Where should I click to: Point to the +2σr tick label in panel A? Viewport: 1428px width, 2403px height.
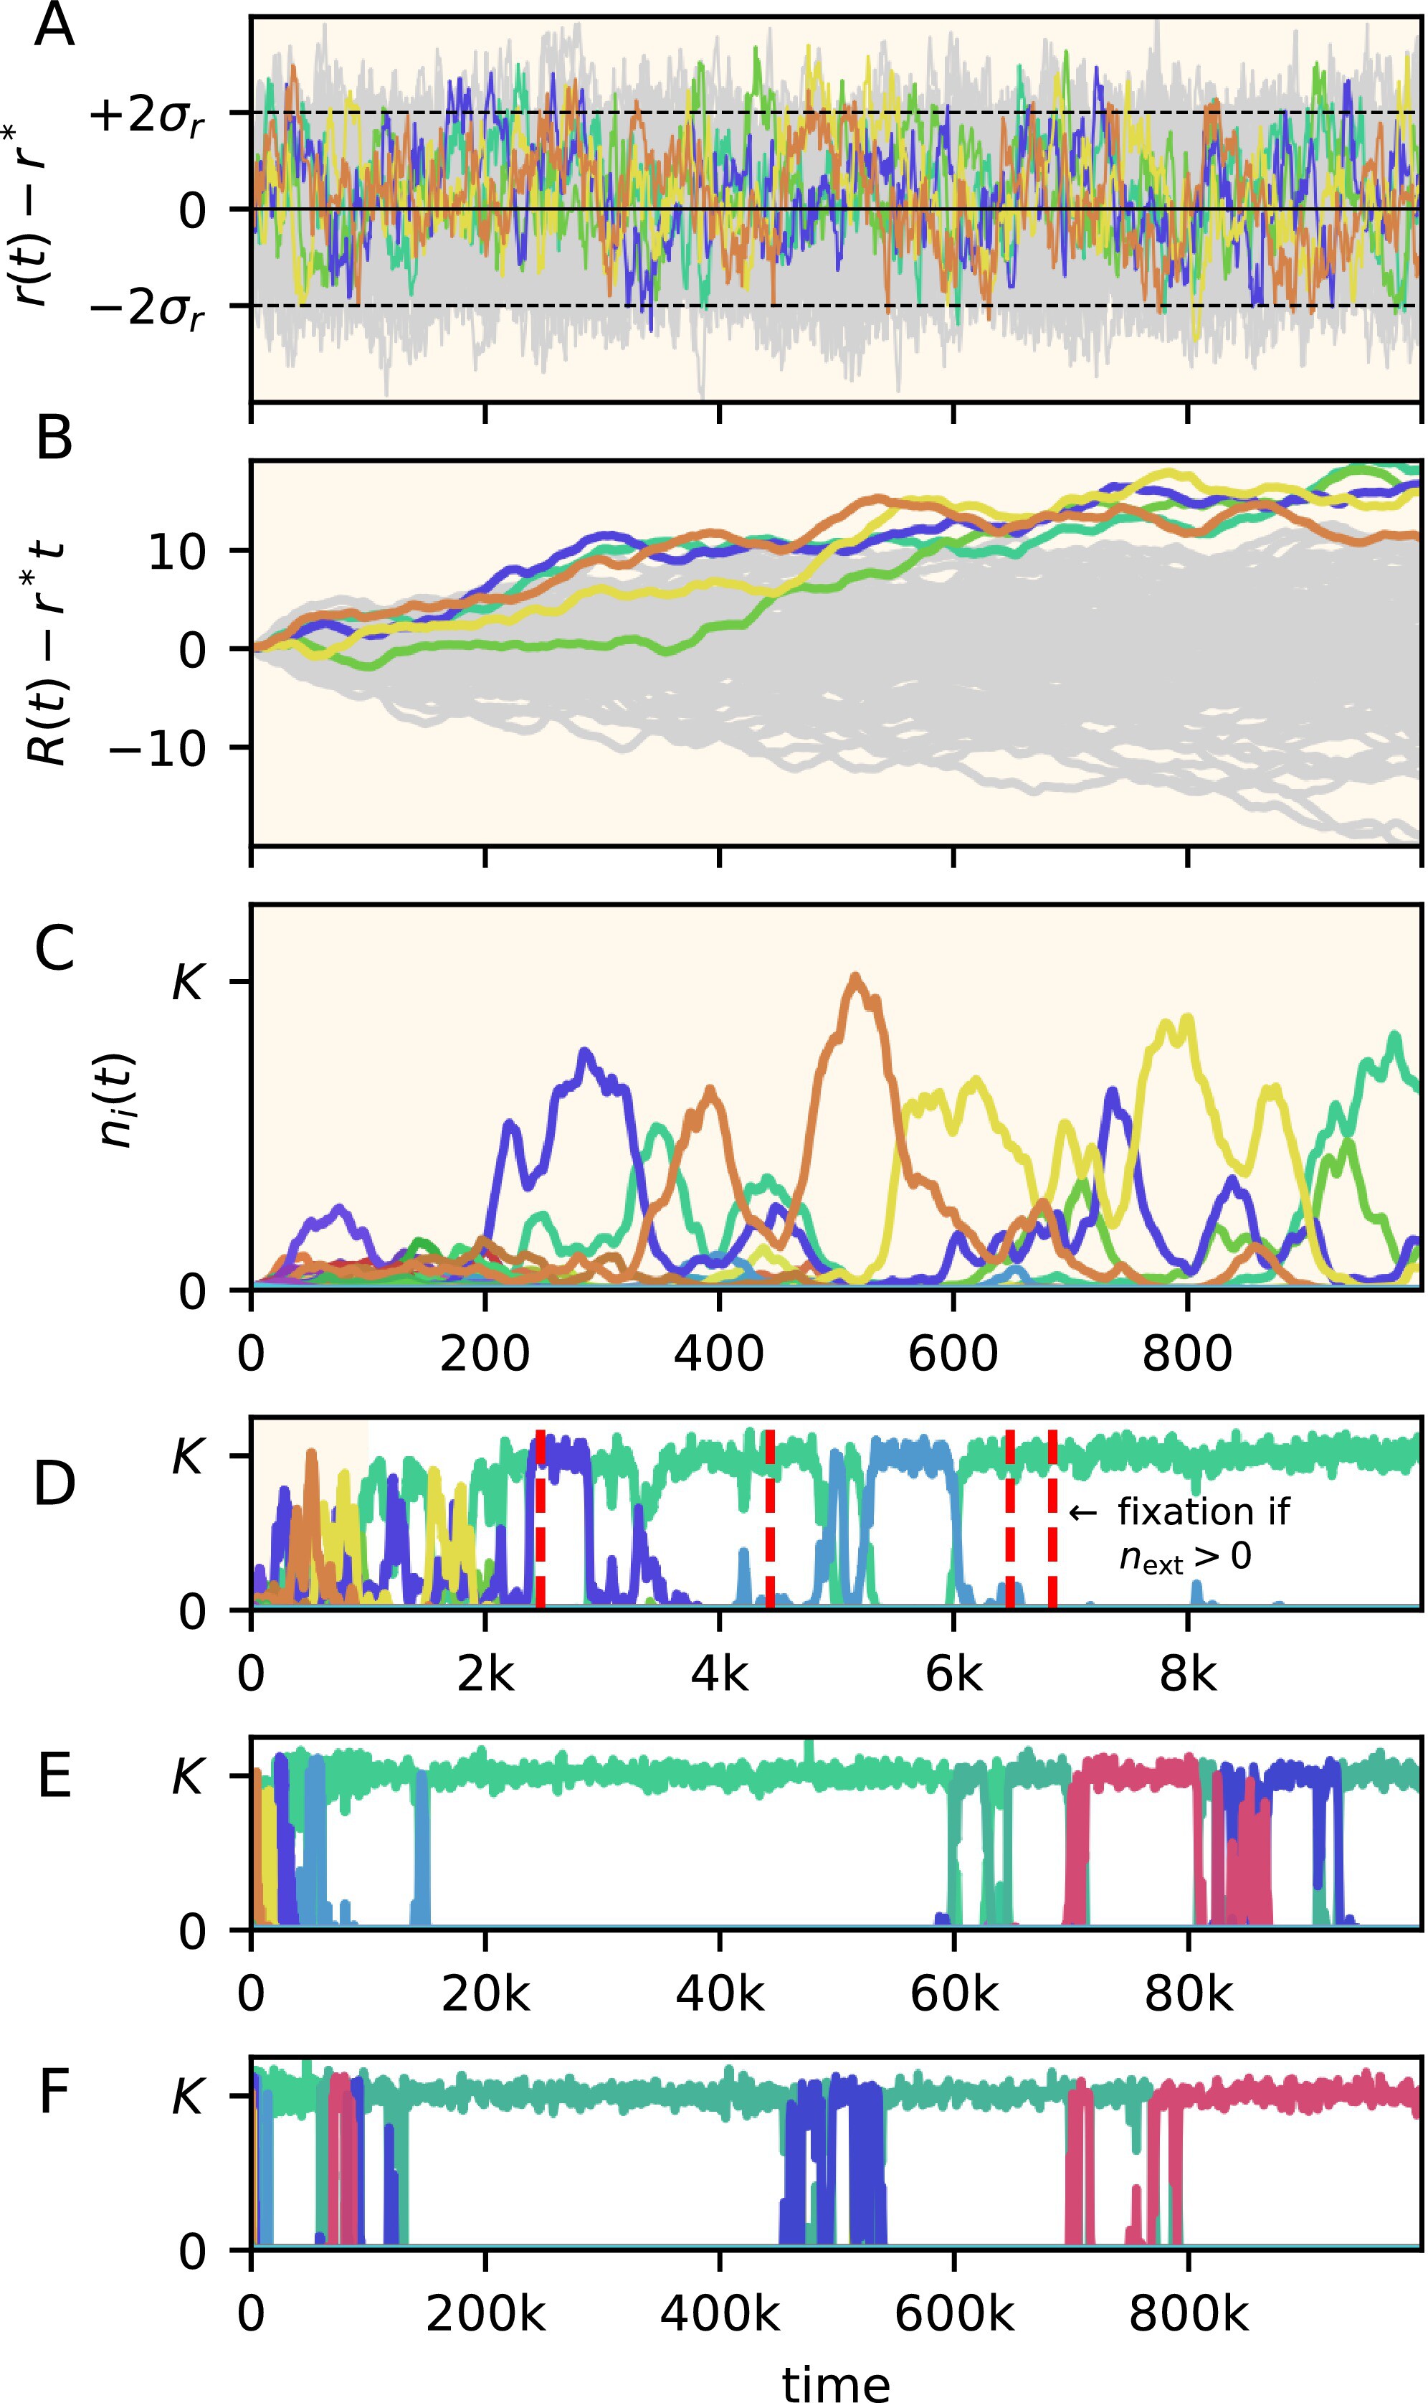[146, 116]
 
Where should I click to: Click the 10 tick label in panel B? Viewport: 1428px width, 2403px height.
[177, 552]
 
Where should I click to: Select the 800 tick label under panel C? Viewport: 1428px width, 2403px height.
[1186, 1354]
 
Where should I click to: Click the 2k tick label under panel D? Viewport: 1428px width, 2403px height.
[485, 1674]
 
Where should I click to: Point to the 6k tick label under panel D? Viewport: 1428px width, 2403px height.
[953, 1674]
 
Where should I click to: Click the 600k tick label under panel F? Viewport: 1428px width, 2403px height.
[953, 2313]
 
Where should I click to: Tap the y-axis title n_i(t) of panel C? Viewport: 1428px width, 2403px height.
[118, 1100]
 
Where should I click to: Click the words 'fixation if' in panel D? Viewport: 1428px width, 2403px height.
[1203, 1513]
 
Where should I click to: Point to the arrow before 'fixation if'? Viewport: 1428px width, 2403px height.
[1083, 1514]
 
